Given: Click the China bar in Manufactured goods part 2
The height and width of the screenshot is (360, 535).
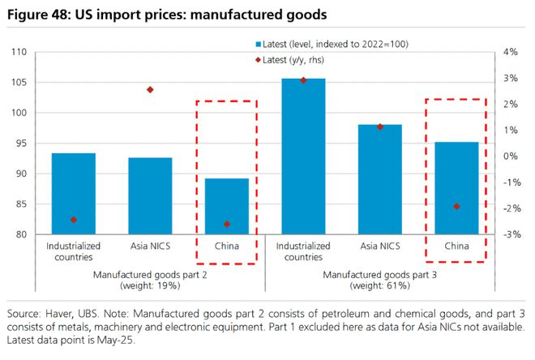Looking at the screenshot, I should (226, 207).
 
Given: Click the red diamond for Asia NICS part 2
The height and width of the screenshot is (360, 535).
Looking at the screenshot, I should (150, 89).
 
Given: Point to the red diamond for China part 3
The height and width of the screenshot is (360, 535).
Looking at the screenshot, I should (456, 206).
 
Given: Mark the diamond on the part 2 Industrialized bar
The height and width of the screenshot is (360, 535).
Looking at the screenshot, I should (73, 220).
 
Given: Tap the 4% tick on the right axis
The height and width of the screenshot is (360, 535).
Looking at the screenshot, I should (510, 53).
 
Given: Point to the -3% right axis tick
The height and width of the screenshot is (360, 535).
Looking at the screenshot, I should (510, 235).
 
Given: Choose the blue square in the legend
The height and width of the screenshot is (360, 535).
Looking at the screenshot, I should (256, 43).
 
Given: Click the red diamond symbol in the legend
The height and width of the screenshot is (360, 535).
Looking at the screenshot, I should (256, 58).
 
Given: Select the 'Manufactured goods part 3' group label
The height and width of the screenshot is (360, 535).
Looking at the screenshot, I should (379, 276).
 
